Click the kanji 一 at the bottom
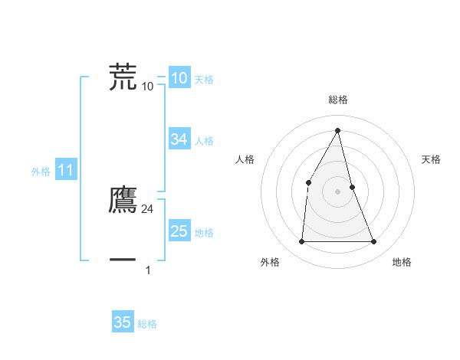click(x=123, y=260)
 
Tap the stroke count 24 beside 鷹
click(x=148, y=209)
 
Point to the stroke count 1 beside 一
click(x=148, y=270)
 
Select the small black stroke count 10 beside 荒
click(x=148, y=87)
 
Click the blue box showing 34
click(x=179, y=139)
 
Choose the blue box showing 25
click(x=179, y=231)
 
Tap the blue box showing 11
click(x=65, y=171)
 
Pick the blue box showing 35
click(x=123, y=322)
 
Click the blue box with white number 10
click(x=179, y=78)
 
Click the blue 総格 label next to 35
click(x=147, y=324)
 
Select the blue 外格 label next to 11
click(x=41, y=172)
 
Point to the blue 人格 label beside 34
click(x=204, y=141)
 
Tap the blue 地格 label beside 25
click(x=204, y=233)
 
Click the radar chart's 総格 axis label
click(x=338, y=100)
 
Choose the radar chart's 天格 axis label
click(x=432, y=159)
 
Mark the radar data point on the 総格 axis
click(x=338, y=130)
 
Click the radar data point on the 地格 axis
click(x=374, y=242)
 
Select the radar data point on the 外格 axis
click(x=301, y=242)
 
